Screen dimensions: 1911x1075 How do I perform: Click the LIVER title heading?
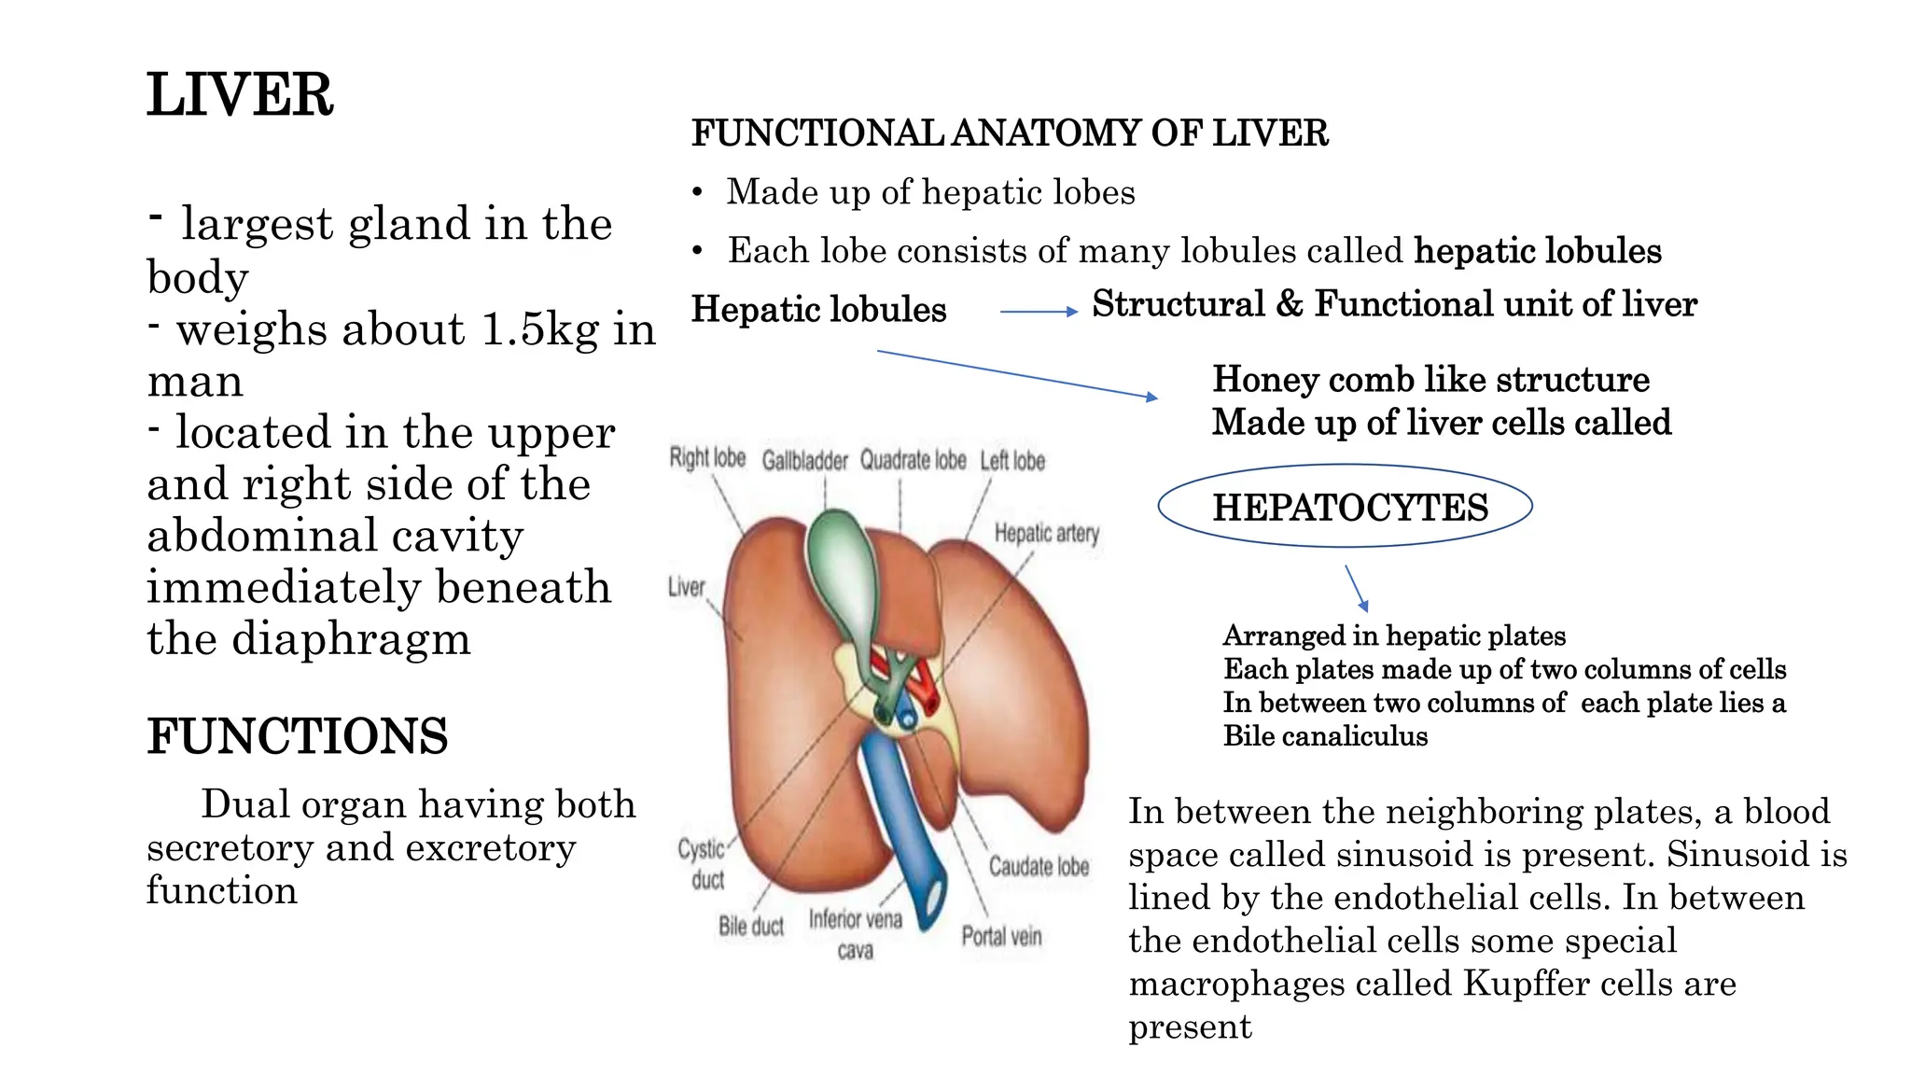(240, 95)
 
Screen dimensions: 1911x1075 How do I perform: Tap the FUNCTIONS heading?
(297, 736)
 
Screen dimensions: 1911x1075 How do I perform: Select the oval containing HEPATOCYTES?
(1345, 507)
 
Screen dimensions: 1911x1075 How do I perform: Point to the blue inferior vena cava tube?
(900, 821)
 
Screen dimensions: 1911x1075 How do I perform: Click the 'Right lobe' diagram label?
(707, 458)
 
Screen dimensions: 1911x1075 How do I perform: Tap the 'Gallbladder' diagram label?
(804, 461)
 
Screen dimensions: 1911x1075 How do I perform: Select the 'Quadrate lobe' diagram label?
(913, 461)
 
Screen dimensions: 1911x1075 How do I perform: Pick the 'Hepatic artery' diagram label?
(1046, 534)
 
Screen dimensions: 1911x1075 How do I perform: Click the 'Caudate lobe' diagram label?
(1039, 867)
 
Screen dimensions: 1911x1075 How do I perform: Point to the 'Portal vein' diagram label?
(1001, 936)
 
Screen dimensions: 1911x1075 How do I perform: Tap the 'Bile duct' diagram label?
(750, 927)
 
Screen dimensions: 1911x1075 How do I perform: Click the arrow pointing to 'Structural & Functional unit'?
(1038, 312)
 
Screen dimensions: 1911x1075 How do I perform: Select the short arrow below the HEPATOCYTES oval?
(1357, 588)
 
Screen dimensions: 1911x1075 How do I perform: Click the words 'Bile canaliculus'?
(1325, 736)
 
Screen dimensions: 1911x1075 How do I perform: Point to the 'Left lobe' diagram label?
(1012, 461)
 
